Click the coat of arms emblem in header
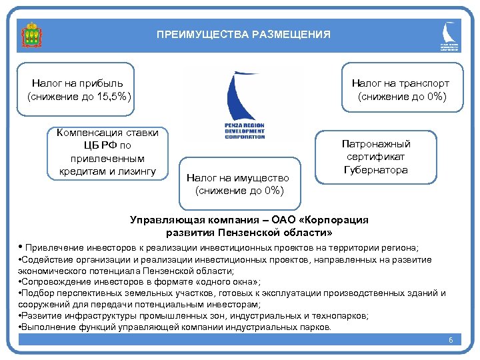[31, 35]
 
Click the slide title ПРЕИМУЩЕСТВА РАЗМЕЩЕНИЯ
[243, 34]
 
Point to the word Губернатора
[376, 171]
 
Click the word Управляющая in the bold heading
[163, 220]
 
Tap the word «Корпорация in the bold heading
[334, 220]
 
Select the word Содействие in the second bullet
[50, 259]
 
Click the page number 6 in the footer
[451, 341]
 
